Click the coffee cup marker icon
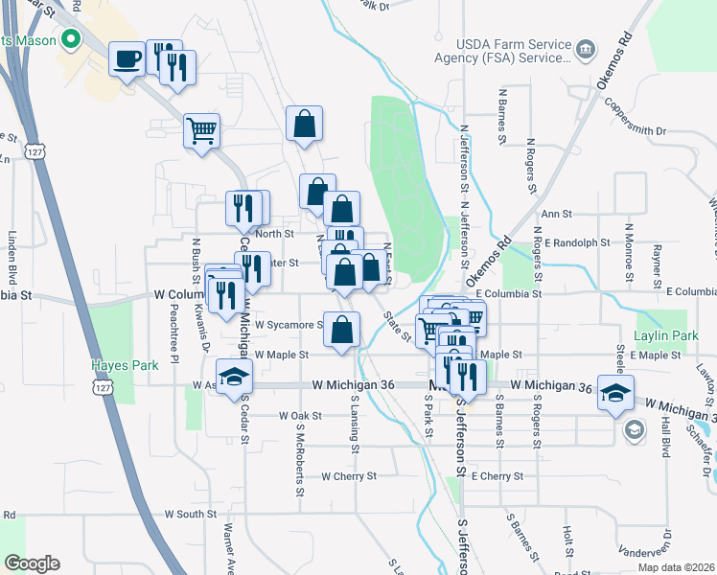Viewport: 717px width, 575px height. click(x=127, y=60)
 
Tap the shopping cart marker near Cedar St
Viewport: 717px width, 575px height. click(x=202, y=129)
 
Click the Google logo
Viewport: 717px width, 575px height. click(x=32, y=563)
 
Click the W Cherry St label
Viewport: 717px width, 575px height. click(x=350, y=475)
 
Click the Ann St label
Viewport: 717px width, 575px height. click(x=556, y=215)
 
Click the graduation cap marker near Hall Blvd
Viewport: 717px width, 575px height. click(x=615, y=392)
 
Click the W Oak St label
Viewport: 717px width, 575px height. click(x=299, y=416)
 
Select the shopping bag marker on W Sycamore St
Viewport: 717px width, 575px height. click(x=341, y=330)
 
